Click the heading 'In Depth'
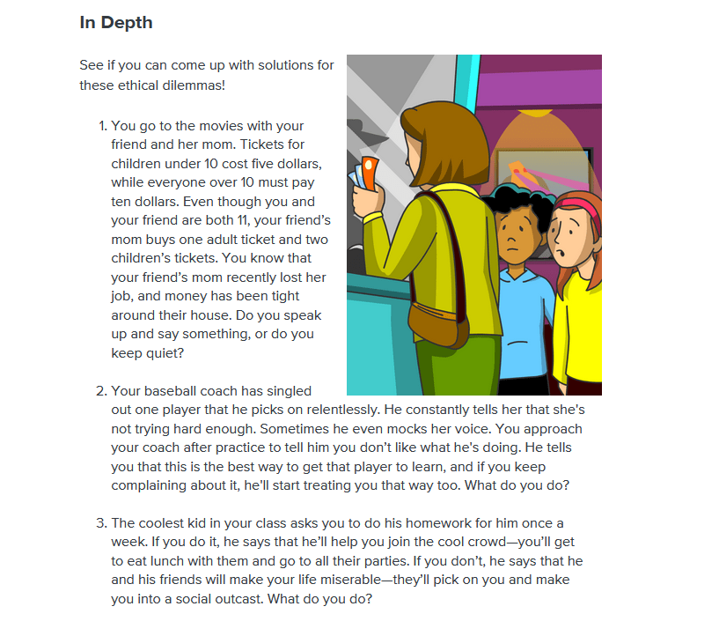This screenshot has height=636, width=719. pos(115,23)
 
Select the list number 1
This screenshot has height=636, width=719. pos(102,126)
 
